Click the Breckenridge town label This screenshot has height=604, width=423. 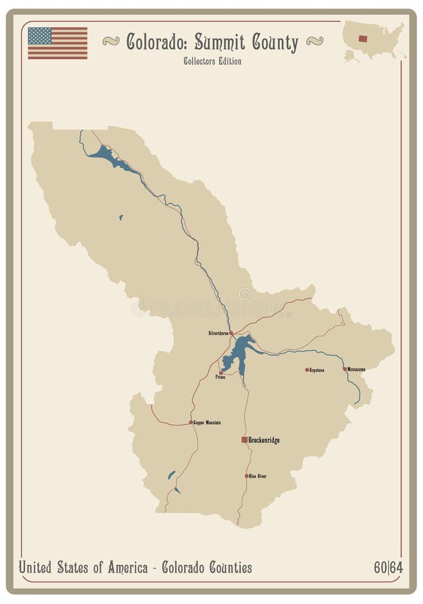(x=264, y=440)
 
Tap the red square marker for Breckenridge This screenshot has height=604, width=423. (x=244, y=440)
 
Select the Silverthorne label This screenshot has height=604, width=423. (x=218, y=333)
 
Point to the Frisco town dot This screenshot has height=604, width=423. (x=221, y=372)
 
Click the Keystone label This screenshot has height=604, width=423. (x=317, y=370)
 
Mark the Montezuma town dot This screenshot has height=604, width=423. (x=345, y=369)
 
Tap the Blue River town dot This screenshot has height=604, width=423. (x=246, y=476)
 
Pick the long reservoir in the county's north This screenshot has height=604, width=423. (x=107, y=156)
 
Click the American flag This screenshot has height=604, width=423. (x=58, y=43)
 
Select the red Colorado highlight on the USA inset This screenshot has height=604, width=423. (x=363, y=38)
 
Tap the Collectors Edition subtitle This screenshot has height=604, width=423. (x=212, y=61)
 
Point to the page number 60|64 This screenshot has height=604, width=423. (x=388, y=568)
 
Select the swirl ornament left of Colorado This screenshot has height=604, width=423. (x=111, y=41)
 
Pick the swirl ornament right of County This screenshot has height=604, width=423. (x=314, y=41)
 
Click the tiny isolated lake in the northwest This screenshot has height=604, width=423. (x=121, y=217)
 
